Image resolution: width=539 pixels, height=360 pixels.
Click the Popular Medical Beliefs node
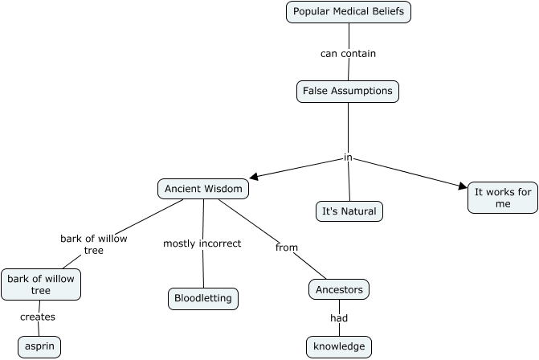coord(348,12)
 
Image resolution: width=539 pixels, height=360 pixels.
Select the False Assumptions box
coord(347,91)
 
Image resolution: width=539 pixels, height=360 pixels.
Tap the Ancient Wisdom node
coord(202,189)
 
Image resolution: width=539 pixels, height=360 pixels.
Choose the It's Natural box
coord(349,211)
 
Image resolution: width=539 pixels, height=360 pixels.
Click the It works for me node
coord(502,198)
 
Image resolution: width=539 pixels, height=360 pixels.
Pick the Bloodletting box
coord(203,298)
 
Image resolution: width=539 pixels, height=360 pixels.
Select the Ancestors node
coord(338,289)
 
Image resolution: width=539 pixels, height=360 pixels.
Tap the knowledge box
coord(338,346)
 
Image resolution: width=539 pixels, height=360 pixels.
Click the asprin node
coord(31,346)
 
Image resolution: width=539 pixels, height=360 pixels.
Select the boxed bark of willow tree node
coord(40,284)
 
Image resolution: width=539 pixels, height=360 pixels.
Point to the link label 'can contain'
coord(348,54)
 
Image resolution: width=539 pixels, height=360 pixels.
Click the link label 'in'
coord(348,157)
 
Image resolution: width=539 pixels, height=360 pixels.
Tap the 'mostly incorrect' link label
coord(202,243)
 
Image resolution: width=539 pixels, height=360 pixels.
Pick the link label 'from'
coord(287,247)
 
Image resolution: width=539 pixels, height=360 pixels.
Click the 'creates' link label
coord(38,317)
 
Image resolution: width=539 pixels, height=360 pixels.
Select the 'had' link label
coord(338,318)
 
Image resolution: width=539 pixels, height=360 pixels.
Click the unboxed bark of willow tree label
coord(93,244)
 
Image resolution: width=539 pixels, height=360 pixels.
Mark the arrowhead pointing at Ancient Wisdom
coord(255,175)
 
